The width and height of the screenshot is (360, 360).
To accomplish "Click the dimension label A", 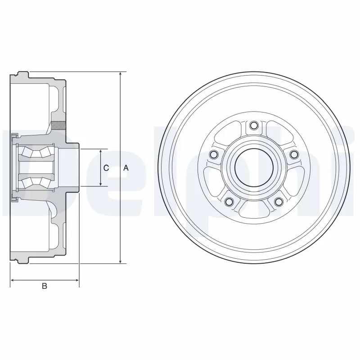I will point(126,168).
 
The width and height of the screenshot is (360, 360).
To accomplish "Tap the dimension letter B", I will point(44,286).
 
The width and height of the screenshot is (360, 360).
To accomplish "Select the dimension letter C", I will point(106,168).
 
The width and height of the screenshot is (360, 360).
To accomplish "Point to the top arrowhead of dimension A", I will point(120,74).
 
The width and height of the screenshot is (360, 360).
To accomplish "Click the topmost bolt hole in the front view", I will point(254,125).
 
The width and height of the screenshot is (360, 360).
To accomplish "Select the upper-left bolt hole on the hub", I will point(214,155).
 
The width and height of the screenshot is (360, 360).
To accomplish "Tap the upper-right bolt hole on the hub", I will point(294,155).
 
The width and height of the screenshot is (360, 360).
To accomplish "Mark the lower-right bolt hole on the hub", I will point(279,202).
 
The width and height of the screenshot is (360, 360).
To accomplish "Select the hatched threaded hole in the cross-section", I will point(58,125).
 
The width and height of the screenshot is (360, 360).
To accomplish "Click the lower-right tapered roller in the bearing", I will point(44,182).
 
